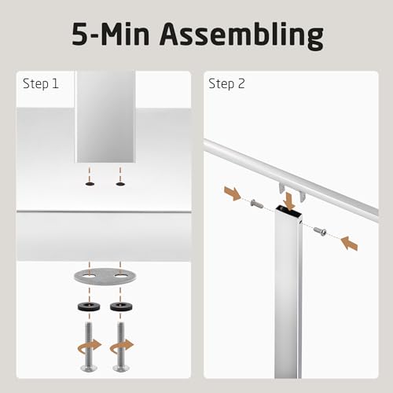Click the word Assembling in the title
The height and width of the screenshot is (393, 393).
[241, 36]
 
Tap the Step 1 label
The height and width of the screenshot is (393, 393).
[41, 84]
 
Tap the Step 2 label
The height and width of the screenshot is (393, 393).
[226, 84]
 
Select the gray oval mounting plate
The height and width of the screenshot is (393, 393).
[105, 277]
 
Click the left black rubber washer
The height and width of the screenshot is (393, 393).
[89, 307]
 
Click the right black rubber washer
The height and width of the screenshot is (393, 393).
[121, 307]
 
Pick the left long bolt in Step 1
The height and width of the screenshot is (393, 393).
[89, 347]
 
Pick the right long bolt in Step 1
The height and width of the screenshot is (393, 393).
[121, 347]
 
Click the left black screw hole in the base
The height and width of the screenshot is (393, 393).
[90, 184]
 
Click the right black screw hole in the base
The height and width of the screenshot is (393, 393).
[120, 184]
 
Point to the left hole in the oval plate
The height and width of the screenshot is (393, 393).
[89, 276]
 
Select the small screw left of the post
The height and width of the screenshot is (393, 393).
[257, 204]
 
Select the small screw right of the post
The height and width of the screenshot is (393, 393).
[320, 231]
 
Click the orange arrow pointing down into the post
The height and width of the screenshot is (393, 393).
[289, 201]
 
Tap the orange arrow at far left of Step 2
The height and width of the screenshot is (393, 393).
[233, 193]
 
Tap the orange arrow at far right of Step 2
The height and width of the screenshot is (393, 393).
[349, 243]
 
